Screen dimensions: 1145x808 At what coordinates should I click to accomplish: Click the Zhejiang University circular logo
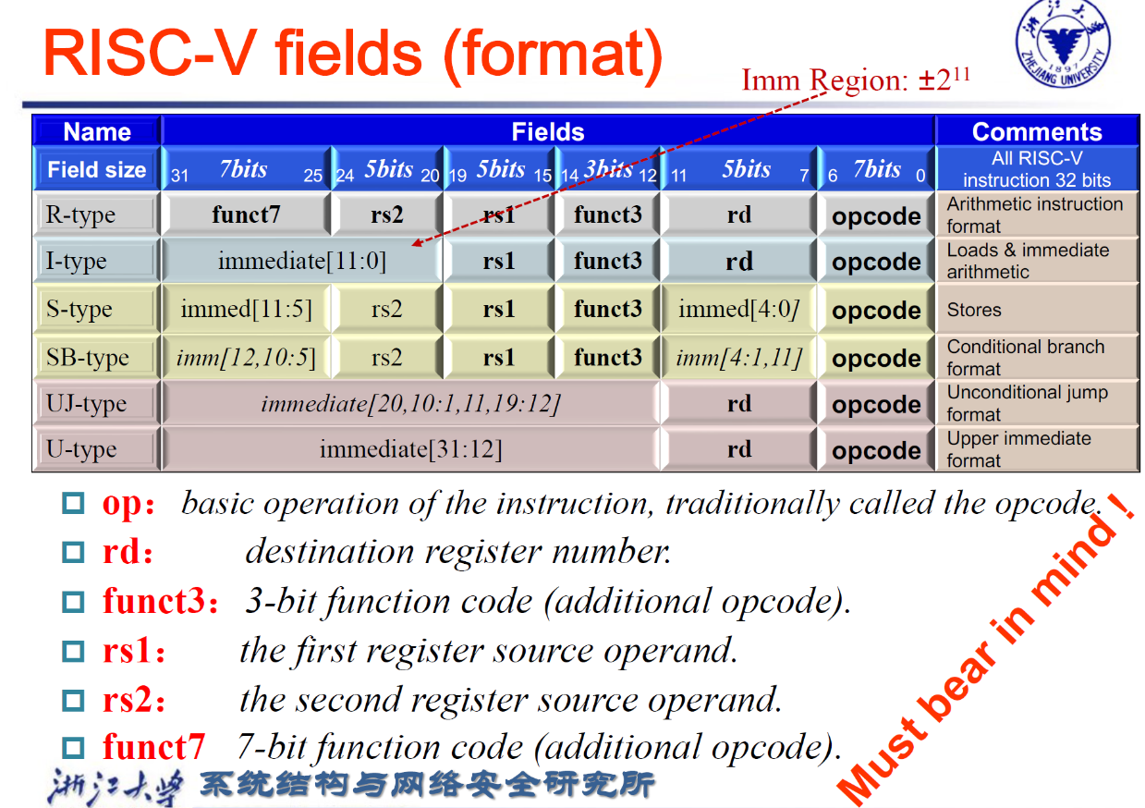[1063, 43]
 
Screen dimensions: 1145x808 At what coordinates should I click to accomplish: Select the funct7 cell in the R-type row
[246, 214]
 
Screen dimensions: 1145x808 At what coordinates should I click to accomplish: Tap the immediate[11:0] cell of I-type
[302, 261]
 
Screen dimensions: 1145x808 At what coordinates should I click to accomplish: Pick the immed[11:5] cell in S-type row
[246, 309]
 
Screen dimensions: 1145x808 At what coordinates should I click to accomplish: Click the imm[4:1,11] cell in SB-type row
[739, 358]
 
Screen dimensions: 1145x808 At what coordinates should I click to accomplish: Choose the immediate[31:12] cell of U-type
[410, 449]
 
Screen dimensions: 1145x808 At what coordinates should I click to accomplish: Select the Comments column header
[1037, 131]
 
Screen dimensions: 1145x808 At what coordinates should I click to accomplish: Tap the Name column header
[97, 131]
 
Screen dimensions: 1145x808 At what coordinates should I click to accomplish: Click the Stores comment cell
[1037, 310]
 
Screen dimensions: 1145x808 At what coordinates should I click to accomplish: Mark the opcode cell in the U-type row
[876, 450]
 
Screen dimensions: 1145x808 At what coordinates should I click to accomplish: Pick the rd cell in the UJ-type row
[739, 403]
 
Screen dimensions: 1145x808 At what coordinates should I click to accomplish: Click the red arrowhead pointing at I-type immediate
[417, 243]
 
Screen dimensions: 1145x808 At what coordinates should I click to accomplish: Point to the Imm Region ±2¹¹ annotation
[856, 80]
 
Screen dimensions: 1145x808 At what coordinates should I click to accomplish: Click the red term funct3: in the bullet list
[161, 600]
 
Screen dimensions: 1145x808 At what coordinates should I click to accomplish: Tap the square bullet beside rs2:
[73, 701]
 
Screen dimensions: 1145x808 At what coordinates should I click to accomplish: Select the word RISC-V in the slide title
[150, 55]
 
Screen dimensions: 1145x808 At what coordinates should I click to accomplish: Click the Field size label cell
[97, 169]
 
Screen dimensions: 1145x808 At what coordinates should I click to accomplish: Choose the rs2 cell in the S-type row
[387, 309]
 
